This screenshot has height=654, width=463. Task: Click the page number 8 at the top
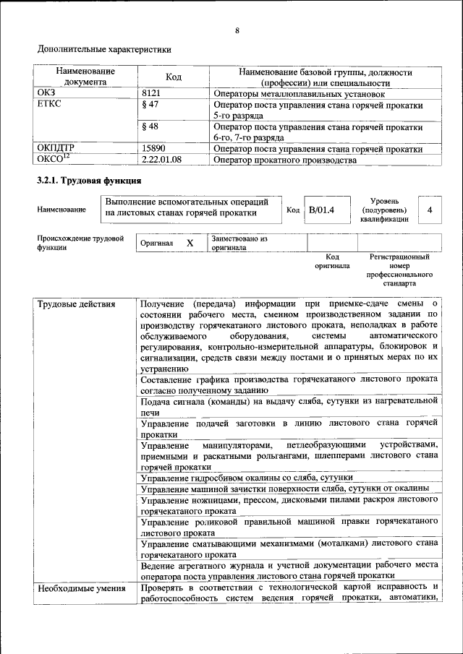click(x=237, y=30)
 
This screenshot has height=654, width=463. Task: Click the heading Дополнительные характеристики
click(x=105, y=50)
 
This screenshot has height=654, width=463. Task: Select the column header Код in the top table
click(x=174, y=77)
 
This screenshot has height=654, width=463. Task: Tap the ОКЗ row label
click(x=46, y=93)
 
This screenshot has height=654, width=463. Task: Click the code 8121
click(x=152, y=93)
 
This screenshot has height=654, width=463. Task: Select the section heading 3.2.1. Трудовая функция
click(x=89, y=180)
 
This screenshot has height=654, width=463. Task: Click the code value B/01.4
click(x=322, y=210)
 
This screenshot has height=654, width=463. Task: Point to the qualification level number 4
click(x=430, y=210)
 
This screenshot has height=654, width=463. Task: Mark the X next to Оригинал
click(x=190, y=244)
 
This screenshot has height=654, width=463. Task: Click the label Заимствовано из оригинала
click(x=239, y=242)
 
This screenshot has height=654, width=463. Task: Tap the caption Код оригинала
click(x=332, y=261)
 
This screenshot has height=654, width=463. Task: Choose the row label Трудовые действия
click(x=76, y=304)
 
